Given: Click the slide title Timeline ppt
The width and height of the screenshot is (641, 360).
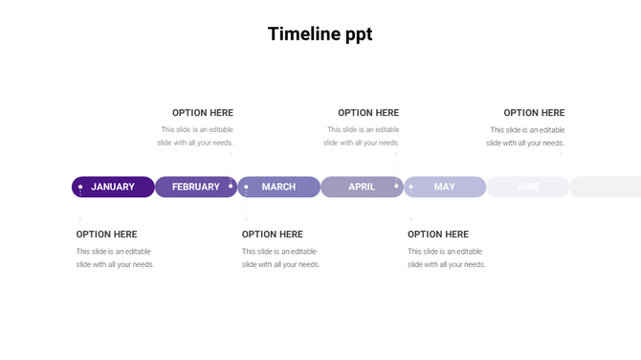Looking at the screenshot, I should pos(320,34).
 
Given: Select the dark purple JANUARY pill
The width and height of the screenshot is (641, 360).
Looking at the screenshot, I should pos(113,187).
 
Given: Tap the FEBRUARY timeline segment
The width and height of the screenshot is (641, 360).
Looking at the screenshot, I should pos(195,187).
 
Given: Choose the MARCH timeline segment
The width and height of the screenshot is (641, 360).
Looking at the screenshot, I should pos(278,187).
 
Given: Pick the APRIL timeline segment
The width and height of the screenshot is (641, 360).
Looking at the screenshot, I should pos(362,187).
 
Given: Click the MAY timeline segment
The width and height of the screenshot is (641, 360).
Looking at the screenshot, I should pos(445,187).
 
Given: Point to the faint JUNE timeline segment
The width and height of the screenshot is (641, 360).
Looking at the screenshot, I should pos(527,187).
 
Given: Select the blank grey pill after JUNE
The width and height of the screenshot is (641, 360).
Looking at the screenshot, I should pos(606,187).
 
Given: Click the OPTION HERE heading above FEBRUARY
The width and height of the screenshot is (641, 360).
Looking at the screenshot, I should pos(203,113).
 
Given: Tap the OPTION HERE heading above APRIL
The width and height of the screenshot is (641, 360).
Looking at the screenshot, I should pos(368,113).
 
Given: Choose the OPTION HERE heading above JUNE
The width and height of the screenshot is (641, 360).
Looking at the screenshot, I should pos(534,113).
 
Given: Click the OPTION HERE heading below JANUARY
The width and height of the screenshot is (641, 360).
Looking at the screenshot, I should pos(107,235).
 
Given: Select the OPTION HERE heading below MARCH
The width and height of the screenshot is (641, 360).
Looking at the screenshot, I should pos(273,235).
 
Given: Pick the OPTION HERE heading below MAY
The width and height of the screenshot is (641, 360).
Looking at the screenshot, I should pos(438,235).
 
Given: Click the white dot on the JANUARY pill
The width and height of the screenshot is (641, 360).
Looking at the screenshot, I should pos(80,187).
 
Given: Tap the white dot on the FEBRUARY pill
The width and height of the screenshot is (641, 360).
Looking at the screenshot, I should pos(231,186).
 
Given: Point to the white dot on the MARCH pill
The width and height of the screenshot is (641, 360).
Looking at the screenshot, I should pos(246,187).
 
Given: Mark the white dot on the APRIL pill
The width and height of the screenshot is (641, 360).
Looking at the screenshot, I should pos(396,186).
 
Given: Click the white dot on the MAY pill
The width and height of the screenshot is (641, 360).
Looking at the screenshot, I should pos(411,187).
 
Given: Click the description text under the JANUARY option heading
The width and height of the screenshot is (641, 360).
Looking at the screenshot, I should pos(115,258).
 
